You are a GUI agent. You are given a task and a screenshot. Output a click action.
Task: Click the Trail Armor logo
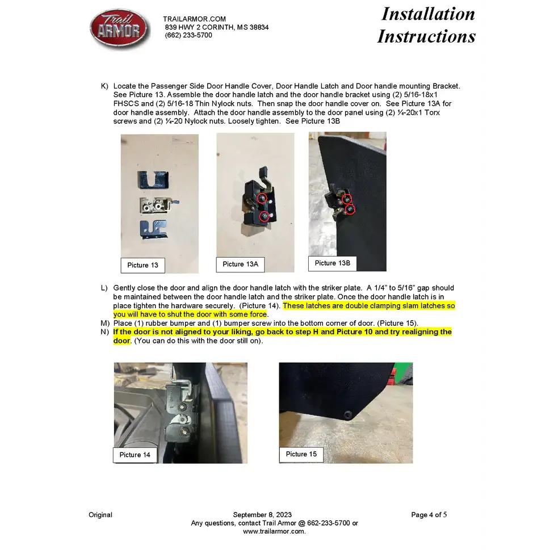pos(120,29)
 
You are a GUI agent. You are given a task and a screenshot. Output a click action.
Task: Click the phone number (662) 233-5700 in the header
pos(188,35)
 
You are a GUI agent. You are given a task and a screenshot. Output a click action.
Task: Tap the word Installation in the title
pos(428,14)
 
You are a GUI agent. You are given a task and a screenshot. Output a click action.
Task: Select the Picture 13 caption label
pos(142,265)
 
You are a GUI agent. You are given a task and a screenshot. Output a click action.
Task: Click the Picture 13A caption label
pos(240,264)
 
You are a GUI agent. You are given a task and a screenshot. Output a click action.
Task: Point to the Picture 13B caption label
pos(332,263)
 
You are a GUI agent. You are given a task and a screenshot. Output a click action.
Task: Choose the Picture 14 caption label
pos(135,455)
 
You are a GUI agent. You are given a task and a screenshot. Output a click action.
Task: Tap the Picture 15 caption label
pos(301,454)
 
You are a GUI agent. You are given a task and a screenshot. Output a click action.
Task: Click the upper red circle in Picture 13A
pos(263,198)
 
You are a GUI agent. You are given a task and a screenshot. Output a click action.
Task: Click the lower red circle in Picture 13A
pos(264,216)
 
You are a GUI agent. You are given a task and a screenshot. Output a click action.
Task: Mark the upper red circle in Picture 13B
pos(347,199)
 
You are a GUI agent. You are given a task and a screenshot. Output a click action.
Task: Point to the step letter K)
pos(104,86)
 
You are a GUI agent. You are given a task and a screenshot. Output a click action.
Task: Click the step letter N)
pos(104,332)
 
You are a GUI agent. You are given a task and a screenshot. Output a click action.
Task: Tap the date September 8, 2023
pos(262,515)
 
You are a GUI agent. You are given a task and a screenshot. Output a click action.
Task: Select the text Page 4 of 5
pos(429,515)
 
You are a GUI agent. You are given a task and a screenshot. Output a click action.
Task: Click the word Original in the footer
pos(100,515)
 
